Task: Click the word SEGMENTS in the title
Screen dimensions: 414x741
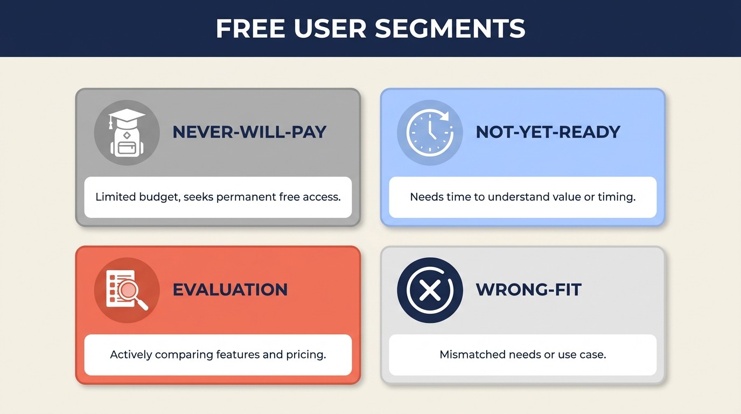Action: (x=450, y=29)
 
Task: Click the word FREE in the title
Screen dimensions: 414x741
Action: (x=250, y=29)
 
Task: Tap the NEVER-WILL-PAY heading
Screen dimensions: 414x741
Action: (x=249, y=132)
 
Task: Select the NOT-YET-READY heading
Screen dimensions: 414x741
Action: (x=548, y=132)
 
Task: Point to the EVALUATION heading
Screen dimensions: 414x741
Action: (x=230, y=289)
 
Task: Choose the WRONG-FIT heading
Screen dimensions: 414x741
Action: (x=528, y=289)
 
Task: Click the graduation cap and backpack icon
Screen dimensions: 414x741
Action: (x=127, y=133)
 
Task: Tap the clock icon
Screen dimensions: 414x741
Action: (x=429, y=133)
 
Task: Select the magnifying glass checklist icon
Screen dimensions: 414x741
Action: (x=127, y=290)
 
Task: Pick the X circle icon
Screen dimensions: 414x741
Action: (x=429, y=290)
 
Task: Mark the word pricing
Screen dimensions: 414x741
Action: (x=307, y=355)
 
